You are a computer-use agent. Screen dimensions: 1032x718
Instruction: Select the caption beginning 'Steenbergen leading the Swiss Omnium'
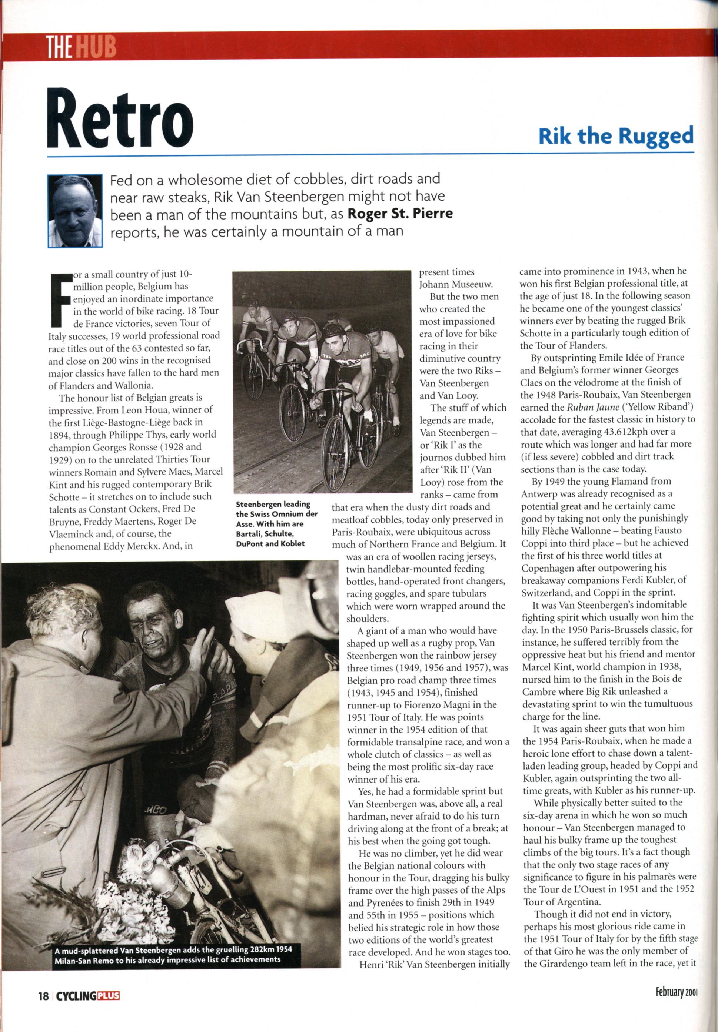tap(277, 524)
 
